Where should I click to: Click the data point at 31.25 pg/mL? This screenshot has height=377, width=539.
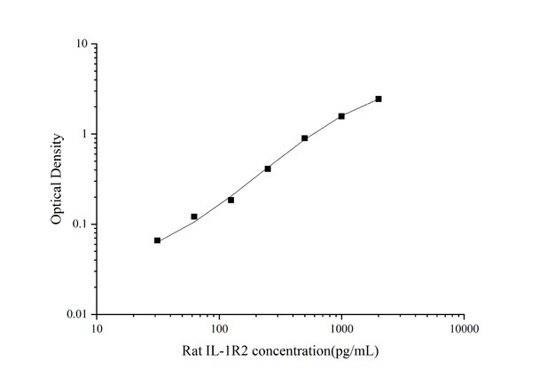pyautogui.click(x=158, y=240)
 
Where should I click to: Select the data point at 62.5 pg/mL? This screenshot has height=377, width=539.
pyautogui.click(x=194, y=216)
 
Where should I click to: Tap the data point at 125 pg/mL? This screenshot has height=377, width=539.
pyautogui.click(x=231, y=200)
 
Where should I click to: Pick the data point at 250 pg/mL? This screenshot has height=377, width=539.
pyautogui.click(x=268, y=169)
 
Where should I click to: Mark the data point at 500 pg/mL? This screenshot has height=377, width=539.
pyautogui.click(x=305, y=138)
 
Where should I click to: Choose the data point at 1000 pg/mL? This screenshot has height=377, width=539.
pyautogui.click(x=341, y=116)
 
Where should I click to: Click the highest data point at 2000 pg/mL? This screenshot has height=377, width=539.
pyautogui.click(x=379, y=98)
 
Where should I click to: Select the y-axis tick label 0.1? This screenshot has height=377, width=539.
pyautogui.click(x=80, y=224)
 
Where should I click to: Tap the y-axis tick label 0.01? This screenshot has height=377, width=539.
pyautogui.click(x=77, y=315)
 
